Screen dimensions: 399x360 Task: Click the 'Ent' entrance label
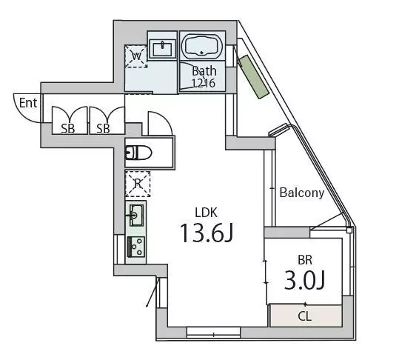click(x=28, y=103)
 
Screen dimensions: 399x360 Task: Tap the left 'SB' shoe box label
click(x=68, y=129)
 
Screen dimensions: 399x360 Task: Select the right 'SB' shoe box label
click(x=103, y=129)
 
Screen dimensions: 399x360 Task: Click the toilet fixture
click(x=138, y=153)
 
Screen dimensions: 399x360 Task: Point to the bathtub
click(x=202, y=46)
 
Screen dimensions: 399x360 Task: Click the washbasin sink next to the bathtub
click(x=163, y=47)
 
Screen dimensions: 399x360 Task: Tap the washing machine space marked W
click(x=136, y=56)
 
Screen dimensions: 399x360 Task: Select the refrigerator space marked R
click(x=138, y=184)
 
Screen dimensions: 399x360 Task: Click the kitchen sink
click(x=136, y=216)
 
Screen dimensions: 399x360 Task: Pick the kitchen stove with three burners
click(x=136, y=246)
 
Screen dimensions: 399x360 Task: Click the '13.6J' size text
click(x=207, y=233)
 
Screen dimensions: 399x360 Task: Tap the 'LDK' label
click(x=206, y=213)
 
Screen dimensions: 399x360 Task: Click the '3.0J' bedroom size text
click(x=304, y=280)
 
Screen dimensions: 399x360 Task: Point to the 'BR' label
click(x=305, y=260)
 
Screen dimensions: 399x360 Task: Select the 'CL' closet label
click(x=304, y=316)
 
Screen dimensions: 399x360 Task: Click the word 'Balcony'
click(x=302, y=193)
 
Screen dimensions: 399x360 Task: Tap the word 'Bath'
click(x=204, y=71)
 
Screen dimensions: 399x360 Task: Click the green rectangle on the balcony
click(x=253, y=76)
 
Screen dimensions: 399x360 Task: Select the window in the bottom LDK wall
click(x=213, y=333)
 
